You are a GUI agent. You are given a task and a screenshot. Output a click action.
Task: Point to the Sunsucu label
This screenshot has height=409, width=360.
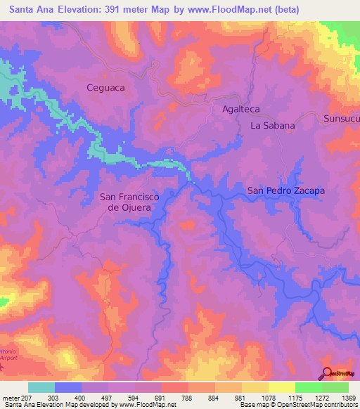coord(341,119)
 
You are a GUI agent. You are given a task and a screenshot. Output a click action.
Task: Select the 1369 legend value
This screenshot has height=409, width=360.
coord(348,398)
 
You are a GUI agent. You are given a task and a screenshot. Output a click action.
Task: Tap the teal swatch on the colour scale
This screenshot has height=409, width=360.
coord(41,387)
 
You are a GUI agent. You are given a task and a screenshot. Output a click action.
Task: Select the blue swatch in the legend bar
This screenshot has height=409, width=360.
coord(68,387)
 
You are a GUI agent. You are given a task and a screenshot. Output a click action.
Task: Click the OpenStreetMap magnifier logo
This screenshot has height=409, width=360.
coord(327,373)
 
